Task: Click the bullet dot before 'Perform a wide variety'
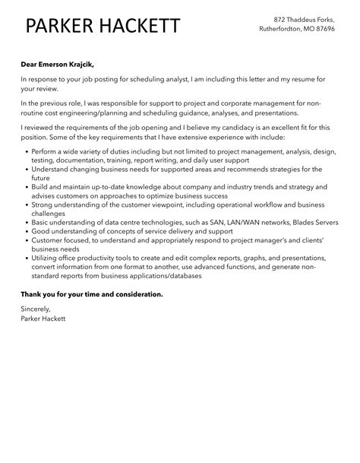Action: point(27,152)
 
